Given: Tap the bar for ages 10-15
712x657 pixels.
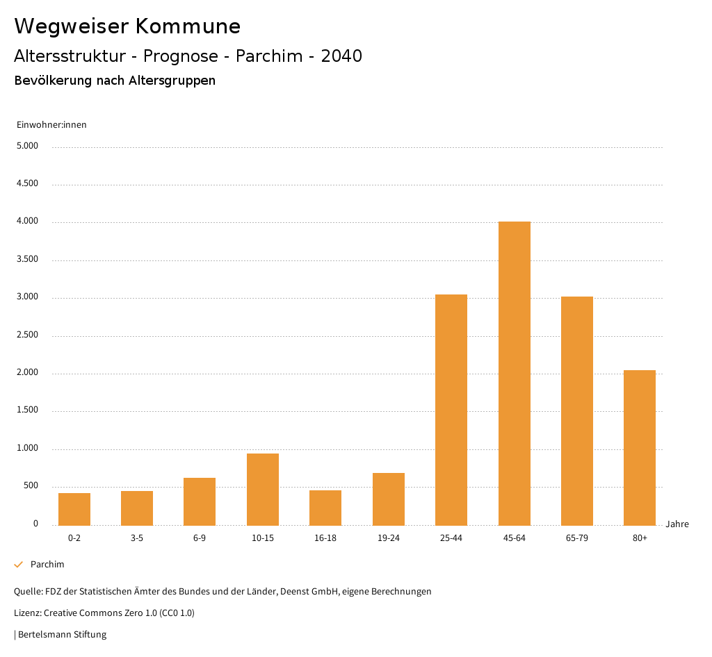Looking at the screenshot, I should (263, 489).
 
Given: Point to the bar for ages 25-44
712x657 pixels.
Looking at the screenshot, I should (451, 410).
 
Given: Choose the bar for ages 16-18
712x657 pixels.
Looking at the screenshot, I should (325, 507).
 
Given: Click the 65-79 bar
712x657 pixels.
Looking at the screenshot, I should (577, 410).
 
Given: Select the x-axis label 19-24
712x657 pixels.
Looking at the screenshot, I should (388, 538).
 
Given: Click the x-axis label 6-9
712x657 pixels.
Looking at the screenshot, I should (200, 538).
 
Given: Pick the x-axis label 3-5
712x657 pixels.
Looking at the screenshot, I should (137, 538).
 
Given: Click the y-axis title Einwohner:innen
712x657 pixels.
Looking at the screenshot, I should (51, 125).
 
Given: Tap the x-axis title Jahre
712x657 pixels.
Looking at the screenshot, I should (677, 524).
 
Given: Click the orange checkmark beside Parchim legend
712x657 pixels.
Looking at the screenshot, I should (19, 565).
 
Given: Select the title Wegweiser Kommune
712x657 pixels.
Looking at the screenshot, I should (127, 26).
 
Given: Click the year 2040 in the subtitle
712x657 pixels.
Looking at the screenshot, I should (341, 56).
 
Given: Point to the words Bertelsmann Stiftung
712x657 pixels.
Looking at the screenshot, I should (62, 634).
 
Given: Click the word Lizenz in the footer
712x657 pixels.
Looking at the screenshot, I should (27, 613).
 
